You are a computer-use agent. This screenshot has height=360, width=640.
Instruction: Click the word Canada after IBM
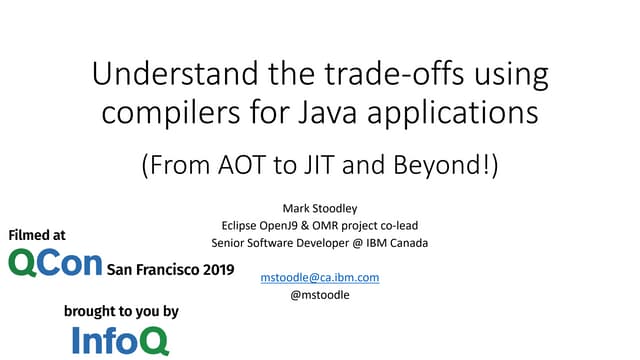click(x=405, y=242)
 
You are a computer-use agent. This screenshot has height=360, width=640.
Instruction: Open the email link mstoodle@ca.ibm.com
click(x=319, y=276)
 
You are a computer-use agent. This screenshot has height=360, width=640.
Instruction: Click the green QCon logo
click(x=55, y=263)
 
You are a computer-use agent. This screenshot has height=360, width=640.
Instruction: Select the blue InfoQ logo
click(x=120, y=340)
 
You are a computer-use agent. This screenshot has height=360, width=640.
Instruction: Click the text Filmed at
click(x=37, y=236)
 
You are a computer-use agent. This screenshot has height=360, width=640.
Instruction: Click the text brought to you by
click(x=120, y=312)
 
